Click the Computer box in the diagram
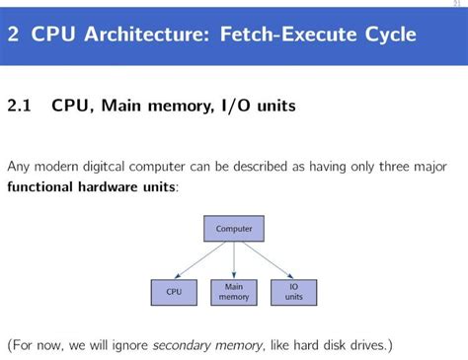(x=234, y=229)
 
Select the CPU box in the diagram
(x=174, y=291)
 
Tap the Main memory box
(x=234, y=291)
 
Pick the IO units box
(x=294, y=291)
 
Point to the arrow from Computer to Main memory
(x=234, y=259)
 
